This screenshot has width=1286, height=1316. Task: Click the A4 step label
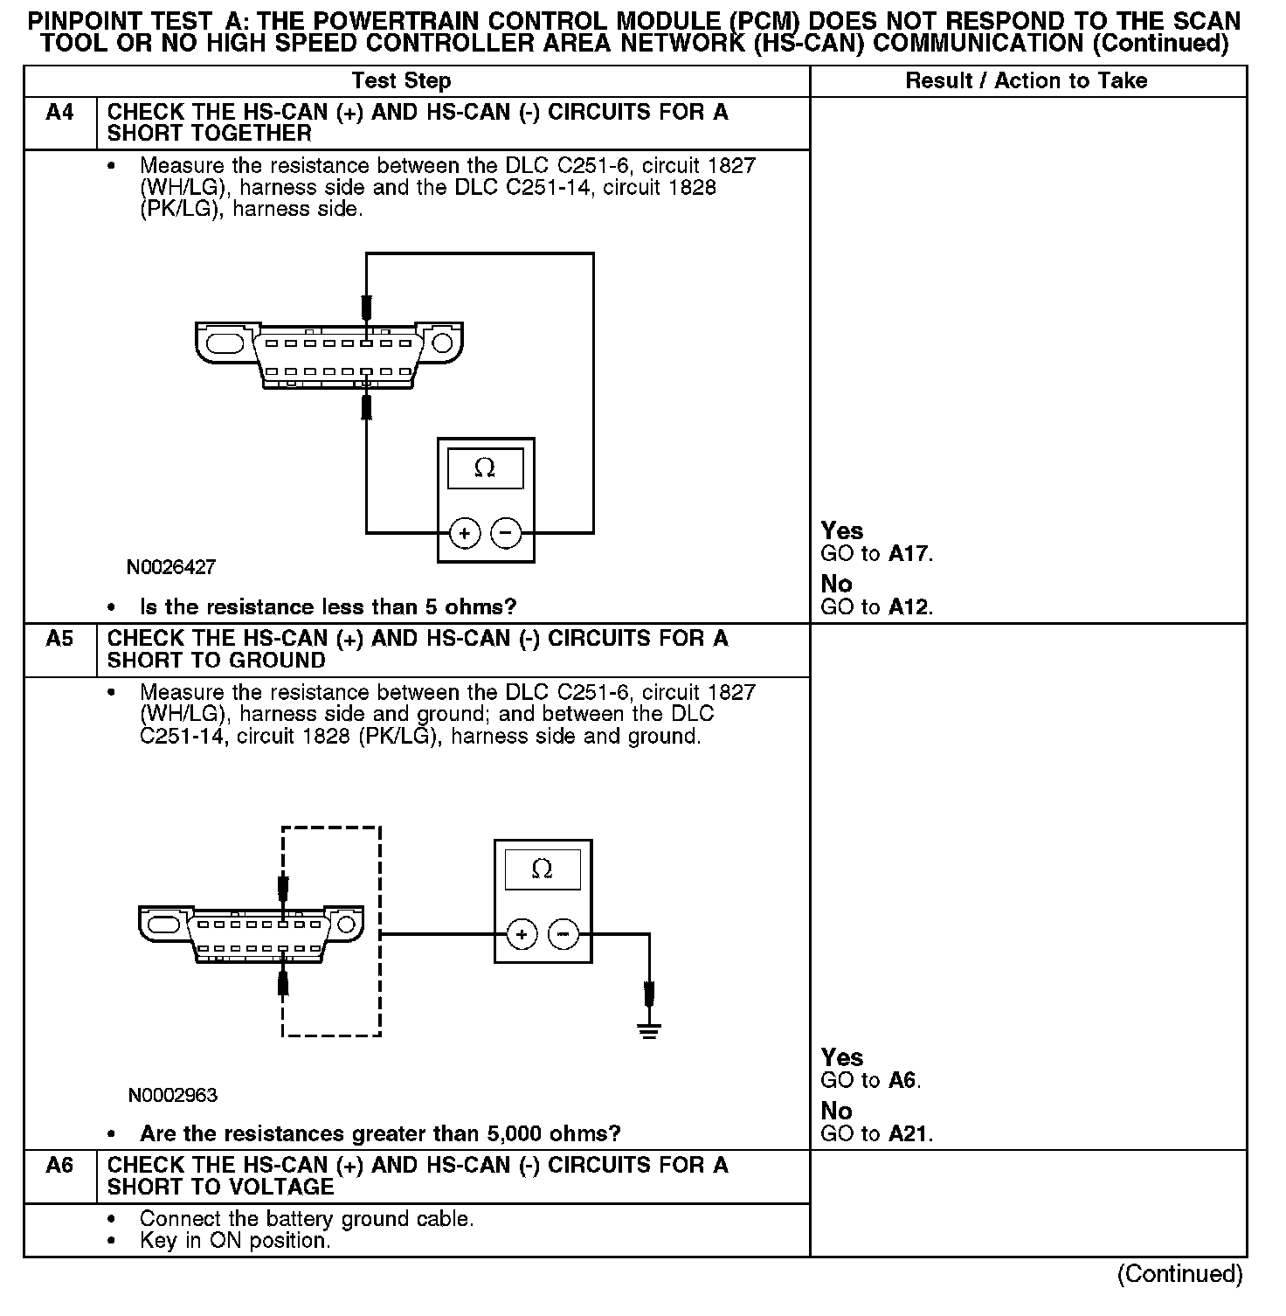click(59, 113)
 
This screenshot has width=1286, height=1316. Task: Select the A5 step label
click(59, 640)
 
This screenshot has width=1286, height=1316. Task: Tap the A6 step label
click(59, 1166)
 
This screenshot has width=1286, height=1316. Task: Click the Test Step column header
click(401, 81)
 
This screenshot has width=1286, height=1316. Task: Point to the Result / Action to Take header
click(1026, 81)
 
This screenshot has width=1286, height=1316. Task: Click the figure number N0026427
click(171, 568)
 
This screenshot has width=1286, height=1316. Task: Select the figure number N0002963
click(172, 1095)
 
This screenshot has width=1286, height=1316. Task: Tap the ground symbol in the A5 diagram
click(648, 1029)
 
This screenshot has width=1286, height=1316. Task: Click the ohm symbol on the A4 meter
click(485, 469)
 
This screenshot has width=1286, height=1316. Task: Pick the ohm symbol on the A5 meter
click(542, 869)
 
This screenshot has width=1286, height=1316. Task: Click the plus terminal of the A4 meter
click(465, 532)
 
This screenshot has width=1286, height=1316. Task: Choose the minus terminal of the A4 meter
click(506, 532)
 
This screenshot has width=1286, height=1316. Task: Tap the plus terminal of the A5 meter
click(522, 935)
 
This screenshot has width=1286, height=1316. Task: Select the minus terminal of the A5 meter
click(563, 935)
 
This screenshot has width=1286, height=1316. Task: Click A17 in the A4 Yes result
click(909, 554)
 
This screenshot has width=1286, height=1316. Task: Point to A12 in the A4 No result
click(909, 607)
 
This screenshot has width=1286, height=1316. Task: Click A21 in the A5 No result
click(909, 1134)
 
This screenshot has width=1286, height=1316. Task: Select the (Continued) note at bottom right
click(1179, 1274)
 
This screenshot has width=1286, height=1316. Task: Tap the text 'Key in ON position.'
click(234, 1241)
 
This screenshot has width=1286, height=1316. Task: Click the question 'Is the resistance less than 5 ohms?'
click(328, 607)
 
